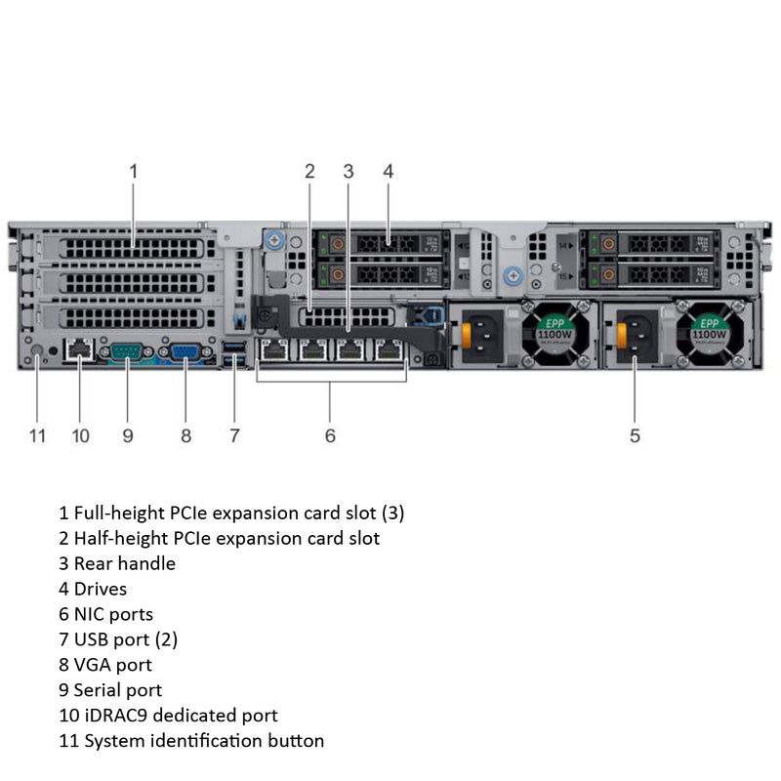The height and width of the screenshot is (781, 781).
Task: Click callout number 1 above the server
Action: point(134,171)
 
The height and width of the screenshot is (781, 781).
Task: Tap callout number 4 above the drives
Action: point(388,171)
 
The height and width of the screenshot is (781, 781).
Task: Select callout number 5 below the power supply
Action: point(635,435)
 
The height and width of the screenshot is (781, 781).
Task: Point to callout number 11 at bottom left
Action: point(37,435)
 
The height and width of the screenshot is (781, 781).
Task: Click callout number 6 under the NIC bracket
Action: point(330,435)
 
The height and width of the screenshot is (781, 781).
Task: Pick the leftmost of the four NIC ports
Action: point(275,351)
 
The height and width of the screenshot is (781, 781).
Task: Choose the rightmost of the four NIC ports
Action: point(390,351)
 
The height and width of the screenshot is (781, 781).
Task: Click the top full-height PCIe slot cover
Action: point(133,246)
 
